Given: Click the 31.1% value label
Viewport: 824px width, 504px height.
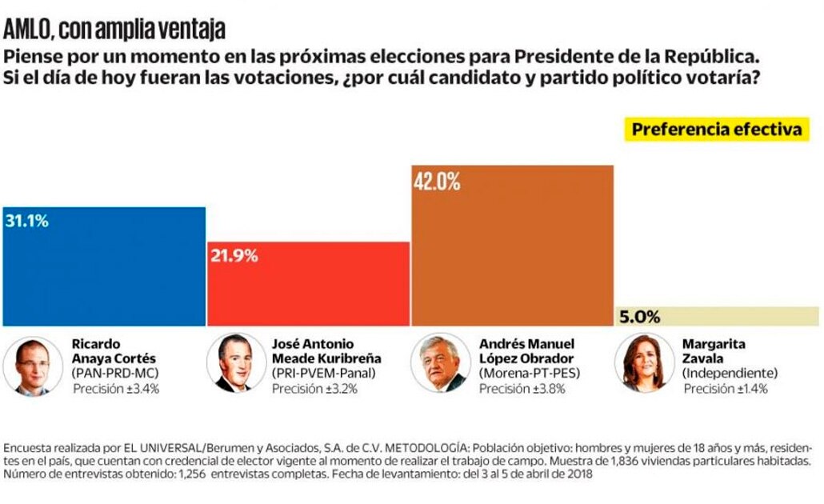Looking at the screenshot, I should pyautogui.click(x=26, y=221).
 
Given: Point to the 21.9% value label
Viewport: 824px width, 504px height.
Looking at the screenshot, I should pyautogui.click(x=234, y=256).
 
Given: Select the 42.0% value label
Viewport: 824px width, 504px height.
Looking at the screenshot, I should pyautogui.click(x=437, y=182).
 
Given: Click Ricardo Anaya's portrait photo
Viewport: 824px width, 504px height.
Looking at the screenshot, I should pyautogui.click(x=33, y=365).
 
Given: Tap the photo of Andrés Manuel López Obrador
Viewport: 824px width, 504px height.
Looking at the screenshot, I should pyautogui.click(x=440, y=365).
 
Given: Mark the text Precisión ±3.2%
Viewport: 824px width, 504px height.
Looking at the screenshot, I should pyautogui.click(x=314, y=390).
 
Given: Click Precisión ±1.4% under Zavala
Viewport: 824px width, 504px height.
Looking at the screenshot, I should pyautogui.click(x=726, y=389).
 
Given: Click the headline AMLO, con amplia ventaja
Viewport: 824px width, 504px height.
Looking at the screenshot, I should pyautogui.click(x=114, y=30).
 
